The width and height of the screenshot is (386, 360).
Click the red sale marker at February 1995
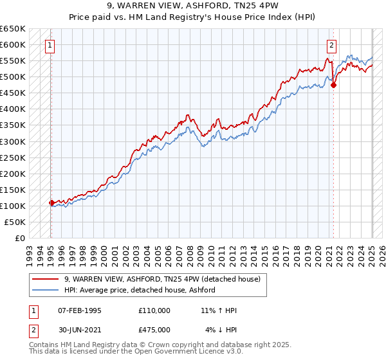click(51, 203)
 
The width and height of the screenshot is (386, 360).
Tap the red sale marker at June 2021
click(333, 84)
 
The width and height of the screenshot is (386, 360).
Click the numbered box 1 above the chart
click(50, 45)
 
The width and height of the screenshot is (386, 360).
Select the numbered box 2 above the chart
click(331, 45)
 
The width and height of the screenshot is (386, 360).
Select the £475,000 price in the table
click(154, 330)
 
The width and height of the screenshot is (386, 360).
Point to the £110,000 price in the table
click(154, 310)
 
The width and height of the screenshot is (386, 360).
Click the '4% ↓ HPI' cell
click(221, 330)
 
